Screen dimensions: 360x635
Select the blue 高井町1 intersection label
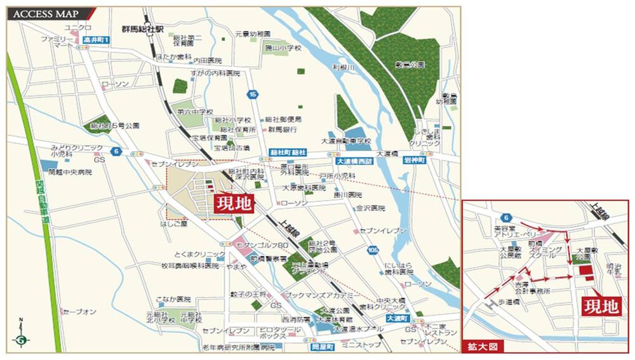97,40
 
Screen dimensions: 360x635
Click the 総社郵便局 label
284,119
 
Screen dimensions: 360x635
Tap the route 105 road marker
373,250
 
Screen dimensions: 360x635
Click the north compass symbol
22,338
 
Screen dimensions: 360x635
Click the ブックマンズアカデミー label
323,296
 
